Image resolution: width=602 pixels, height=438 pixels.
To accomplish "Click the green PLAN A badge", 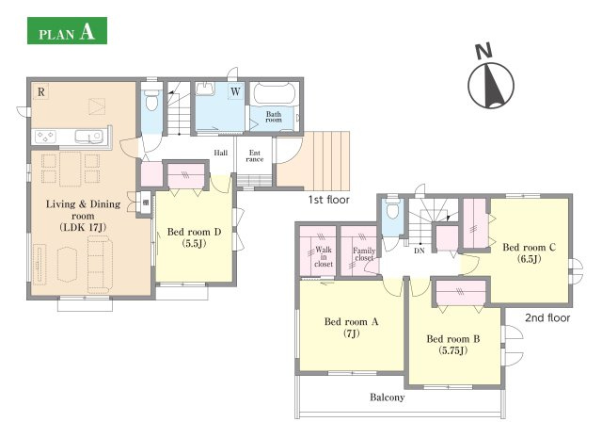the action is click(67, 30).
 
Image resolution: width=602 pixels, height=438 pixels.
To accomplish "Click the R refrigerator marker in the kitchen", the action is click(40, 92).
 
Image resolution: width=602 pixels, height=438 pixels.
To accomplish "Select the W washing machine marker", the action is click(235, 91).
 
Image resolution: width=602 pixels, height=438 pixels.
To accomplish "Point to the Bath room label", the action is click(274, 117).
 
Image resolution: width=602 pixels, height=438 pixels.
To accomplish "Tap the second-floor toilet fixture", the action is click(392, 209).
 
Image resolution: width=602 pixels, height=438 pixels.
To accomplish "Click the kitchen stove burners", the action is click(46, 137).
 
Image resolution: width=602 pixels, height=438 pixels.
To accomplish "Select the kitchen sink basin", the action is click(88, 136).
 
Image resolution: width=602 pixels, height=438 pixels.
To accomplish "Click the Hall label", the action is click(221, 153).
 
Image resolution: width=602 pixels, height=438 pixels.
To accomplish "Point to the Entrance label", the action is click(255, 155).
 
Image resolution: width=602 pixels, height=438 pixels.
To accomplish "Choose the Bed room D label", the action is click(195, 237).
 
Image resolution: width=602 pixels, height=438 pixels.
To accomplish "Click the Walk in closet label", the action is click(324, 256).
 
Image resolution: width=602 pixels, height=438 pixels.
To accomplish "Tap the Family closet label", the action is click(364, 254).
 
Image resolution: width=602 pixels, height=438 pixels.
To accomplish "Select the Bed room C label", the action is click(529, 252).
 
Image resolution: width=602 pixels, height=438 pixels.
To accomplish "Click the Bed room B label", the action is click(453, 344).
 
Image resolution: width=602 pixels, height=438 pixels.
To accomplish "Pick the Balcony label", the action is click(387, 397).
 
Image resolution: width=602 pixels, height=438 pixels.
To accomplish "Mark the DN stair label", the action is click(420, 251).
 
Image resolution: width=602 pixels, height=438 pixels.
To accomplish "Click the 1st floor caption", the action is click(328, 200).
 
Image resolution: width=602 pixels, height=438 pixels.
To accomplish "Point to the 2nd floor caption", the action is click(547, 317).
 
